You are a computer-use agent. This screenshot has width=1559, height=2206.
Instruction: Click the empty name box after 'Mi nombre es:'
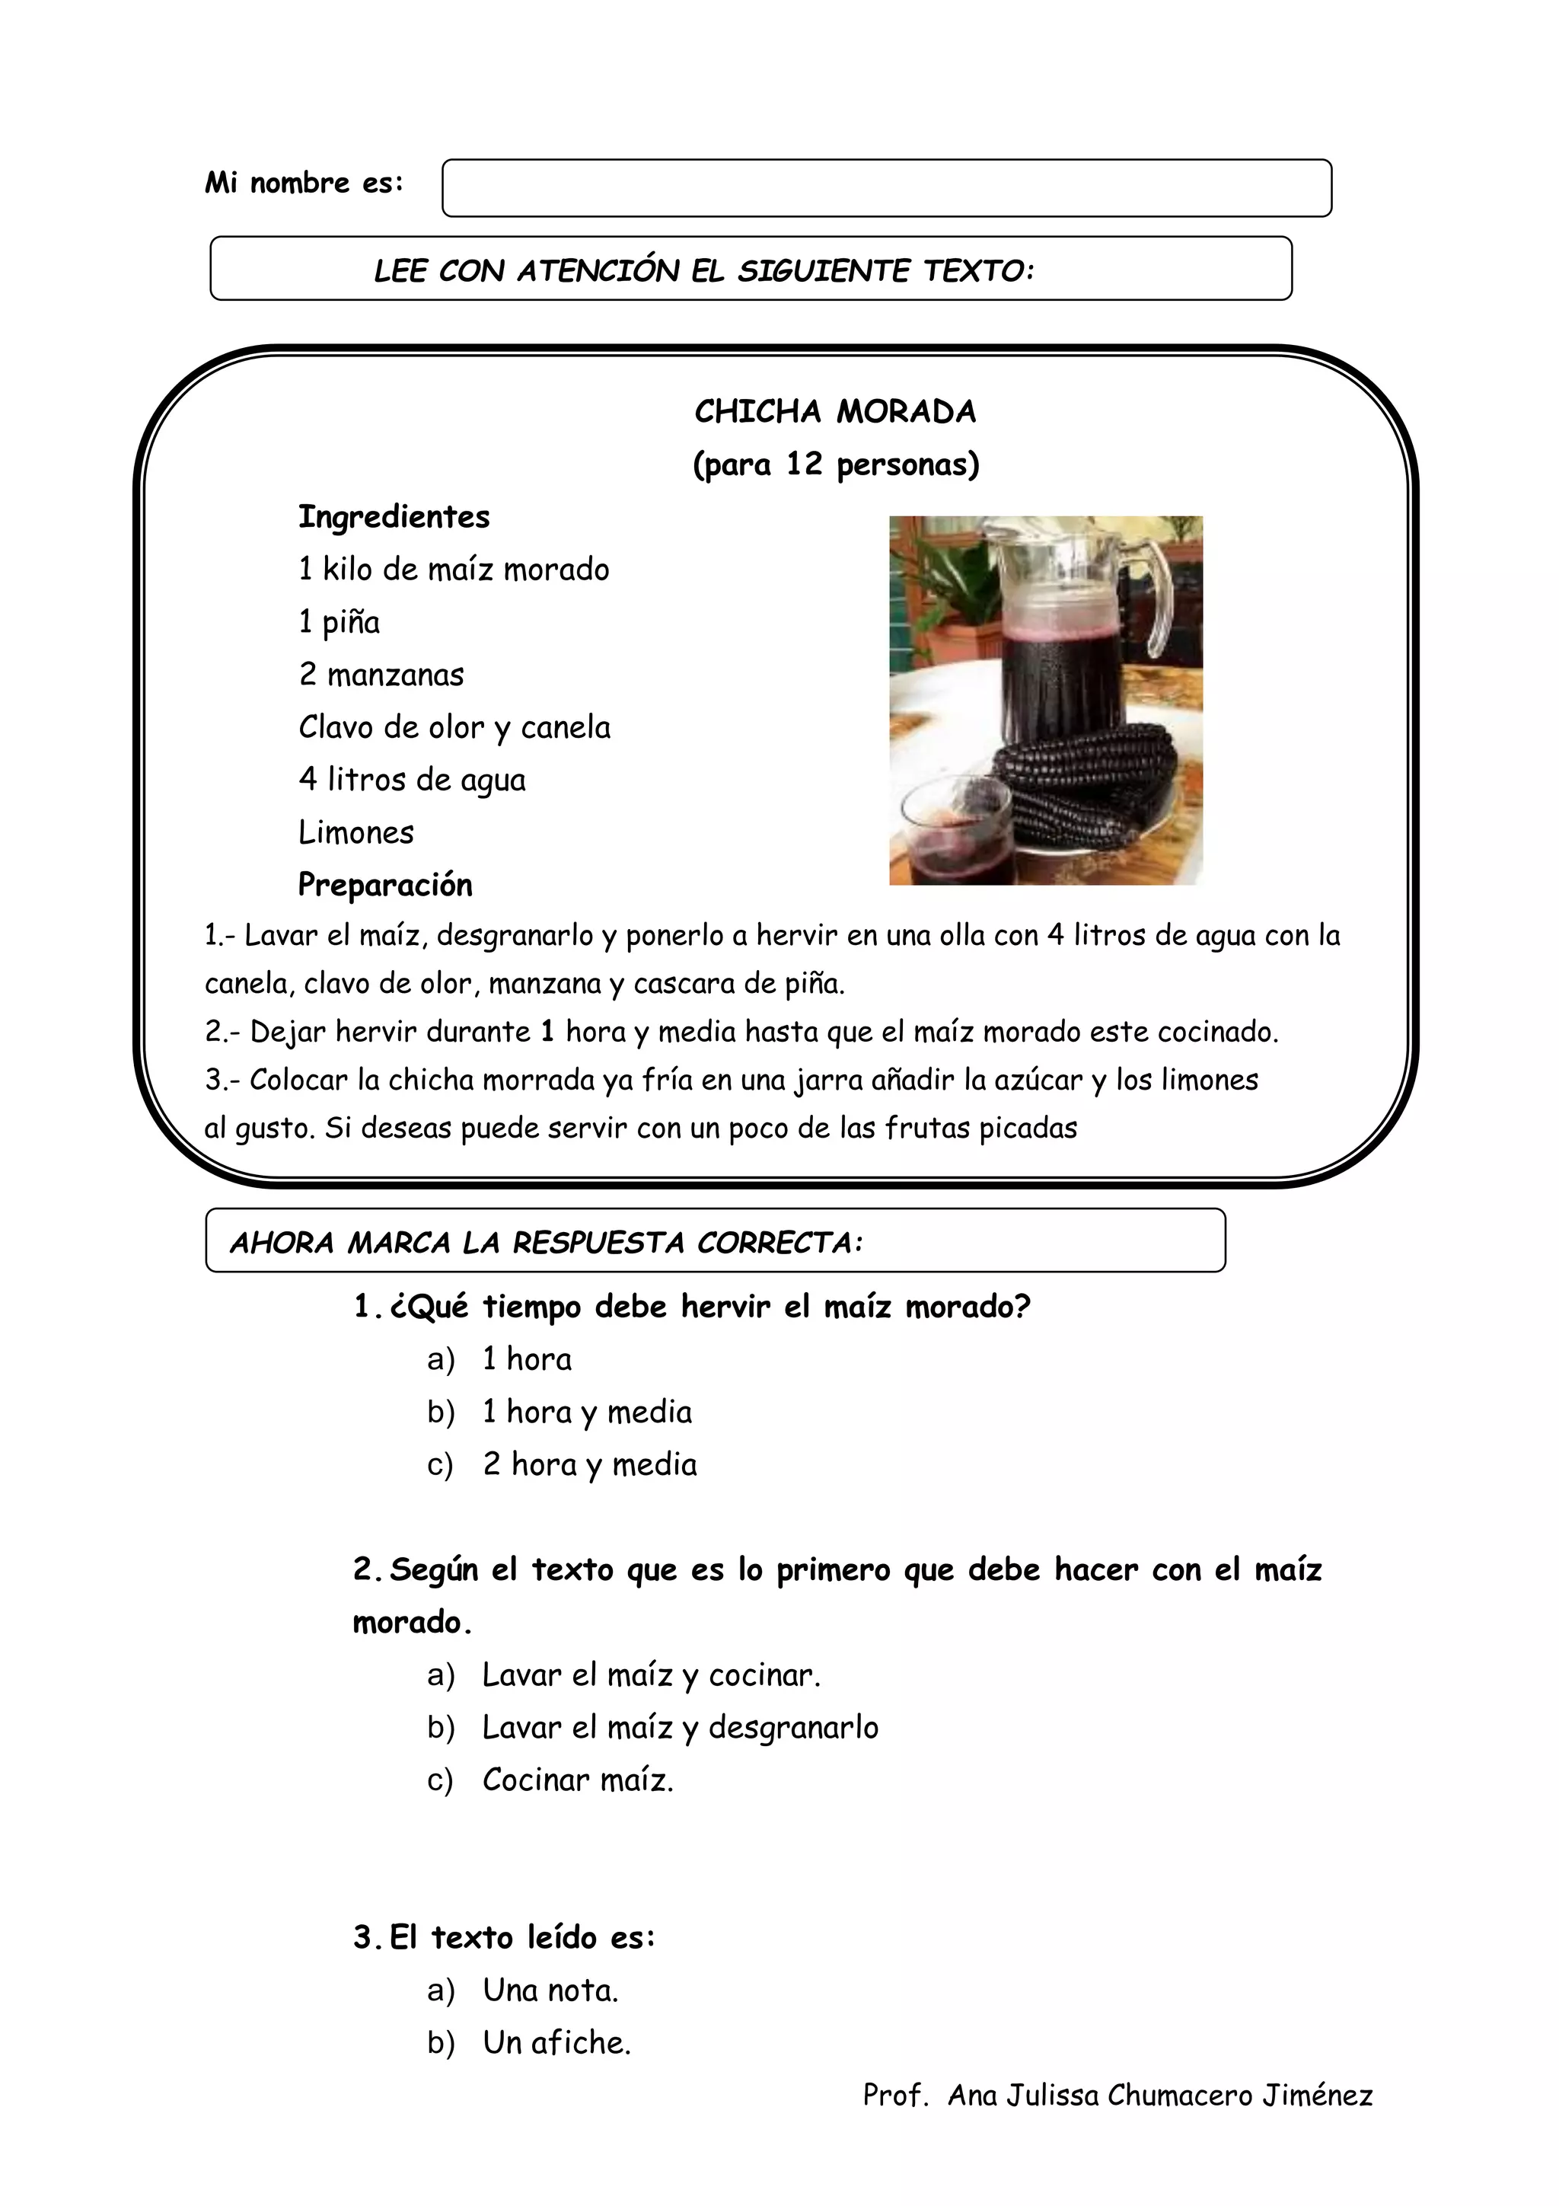click(x=885, y=187)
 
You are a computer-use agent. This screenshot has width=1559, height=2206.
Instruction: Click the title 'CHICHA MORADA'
click(x=835, y=412)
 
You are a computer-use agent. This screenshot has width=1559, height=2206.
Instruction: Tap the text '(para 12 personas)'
click(x=836, y=465)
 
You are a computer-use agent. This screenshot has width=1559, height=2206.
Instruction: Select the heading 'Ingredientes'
click(x=394, y=517)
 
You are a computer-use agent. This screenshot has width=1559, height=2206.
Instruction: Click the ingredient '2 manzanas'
click(x=381, y=675)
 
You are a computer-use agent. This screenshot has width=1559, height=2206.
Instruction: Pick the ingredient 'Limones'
click(x=356, y=832)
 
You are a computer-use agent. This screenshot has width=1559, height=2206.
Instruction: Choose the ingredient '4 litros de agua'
click(x=412, y=779)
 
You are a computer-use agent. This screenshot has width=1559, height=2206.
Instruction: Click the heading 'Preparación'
click(x=385, y=885)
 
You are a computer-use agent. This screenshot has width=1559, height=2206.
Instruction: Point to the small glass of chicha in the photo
click(x=951, y=831)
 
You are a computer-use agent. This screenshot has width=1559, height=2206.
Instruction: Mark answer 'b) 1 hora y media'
click(x=586, y=1413)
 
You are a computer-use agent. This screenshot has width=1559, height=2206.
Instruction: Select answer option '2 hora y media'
click(x=590, y=1464)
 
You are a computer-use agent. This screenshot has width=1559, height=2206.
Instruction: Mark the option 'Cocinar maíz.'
click(x=577, y=1780)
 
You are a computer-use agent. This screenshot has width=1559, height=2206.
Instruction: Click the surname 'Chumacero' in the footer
click(x=1178, y=2096)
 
